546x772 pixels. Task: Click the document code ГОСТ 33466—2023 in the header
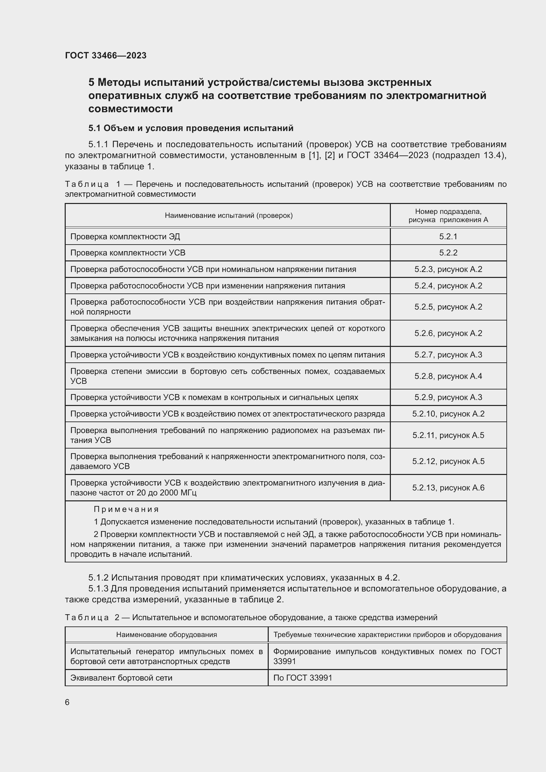(x=106, y=55)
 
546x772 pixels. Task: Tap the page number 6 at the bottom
(x=67, y=702)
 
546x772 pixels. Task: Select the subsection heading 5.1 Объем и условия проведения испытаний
(x=190, y=128)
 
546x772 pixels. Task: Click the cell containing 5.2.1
(x=448, y=236)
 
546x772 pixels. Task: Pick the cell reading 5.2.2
(x=448, y=253)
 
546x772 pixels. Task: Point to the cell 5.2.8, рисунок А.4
(x=448, y=376)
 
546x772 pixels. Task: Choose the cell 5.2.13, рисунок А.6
(x=448, y=487)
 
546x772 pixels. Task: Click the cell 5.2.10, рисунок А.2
(x=448, y=414)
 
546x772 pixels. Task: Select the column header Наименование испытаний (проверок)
(x=229, y=216)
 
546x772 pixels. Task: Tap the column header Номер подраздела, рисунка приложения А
(x=448, y=216)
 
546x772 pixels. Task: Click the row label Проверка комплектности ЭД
(x=125, y=237)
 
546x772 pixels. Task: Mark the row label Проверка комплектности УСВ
(x=128, y=253)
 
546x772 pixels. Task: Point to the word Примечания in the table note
(x=126, y=509)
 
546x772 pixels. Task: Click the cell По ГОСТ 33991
(x=303, y=678)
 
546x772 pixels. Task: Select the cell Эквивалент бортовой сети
(x=121, y=678)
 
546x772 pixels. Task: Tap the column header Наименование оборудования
(x=166, y=634)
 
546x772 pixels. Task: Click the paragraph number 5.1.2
(x=98, y=578)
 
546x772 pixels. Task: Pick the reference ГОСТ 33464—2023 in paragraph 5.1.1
(x=387, y=155)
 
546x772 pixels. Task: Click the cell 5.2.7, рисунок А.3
(x=448, y=355)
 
